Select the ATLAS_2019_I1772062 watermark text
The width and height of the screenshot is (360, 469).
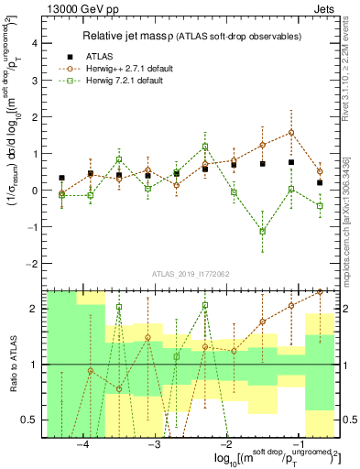(x=191, y=274)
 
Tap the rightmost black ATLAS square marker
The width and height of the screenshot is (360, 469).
(x=319, y=182)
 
